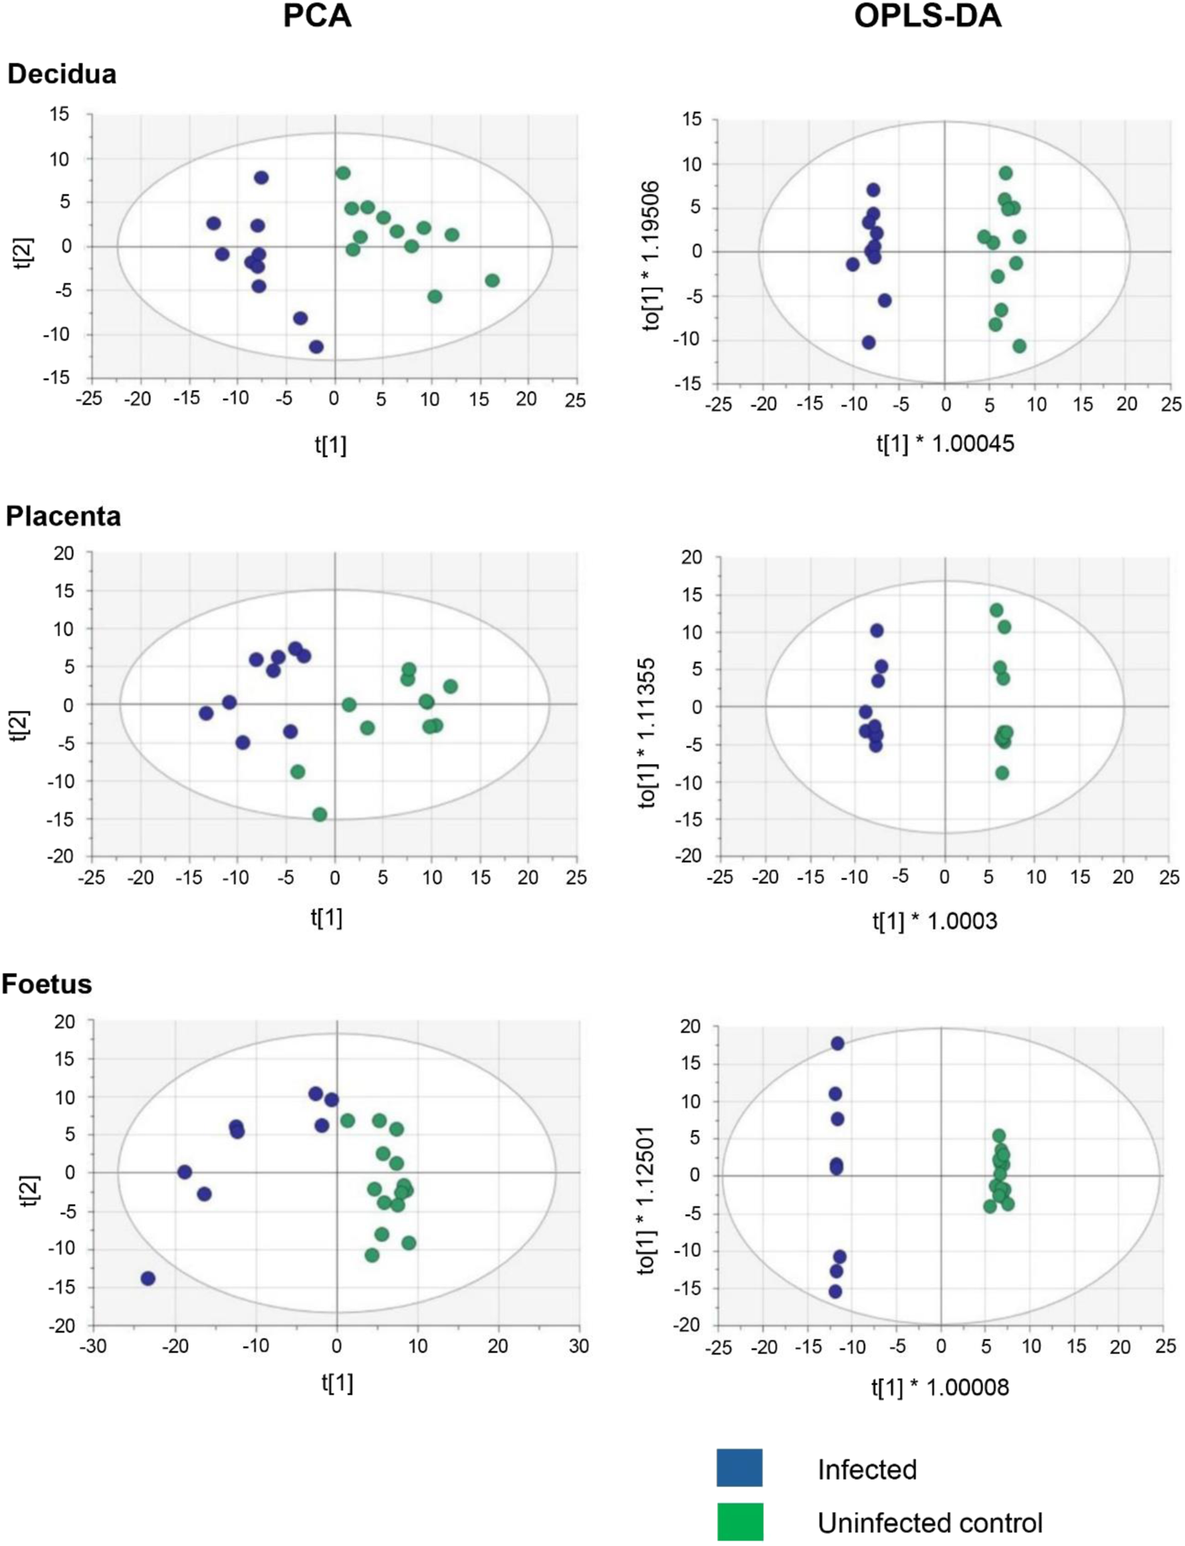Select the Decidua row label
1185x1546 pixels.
[x=62, y=74]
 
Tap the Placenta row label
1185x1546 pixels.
[x=64, y=516]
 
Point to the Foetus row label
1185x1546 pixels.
[x=47, y=983]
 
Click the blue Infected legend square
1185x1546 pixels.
[x=739, y=1468]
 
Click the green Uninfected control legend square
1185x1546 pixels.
[x=739, y=1522]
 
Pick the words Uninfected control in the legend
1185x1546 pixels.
[x=929, y=1523]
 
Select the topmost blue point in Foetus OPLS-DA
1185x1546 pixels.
[x=837, y=1043]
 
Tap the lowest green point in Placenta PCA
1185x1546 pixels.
[x=320, y=814]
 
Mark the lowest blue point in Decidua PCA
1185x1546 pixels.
[x=316, y=347]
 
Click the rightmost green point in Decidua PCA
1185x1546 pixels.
[x=492, y=281]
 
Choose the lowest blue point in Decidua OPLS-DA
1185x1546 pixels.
[x=868, y=343]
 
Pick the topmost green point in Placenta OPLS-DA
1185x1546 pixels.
[x=996, y=610]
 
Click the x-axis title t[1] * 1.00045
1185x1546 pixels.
[x=945, y=443]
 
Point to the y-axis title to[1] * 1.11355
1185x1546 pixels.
[x=647, y=733]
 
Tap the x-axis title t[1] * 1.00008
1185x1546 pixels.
[x=940, y=1388]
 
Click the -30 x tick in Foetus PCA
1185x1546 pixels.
[x=93, y=1345]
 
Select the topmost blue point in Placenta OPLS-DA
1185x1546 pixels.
[x=877, y=630]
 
